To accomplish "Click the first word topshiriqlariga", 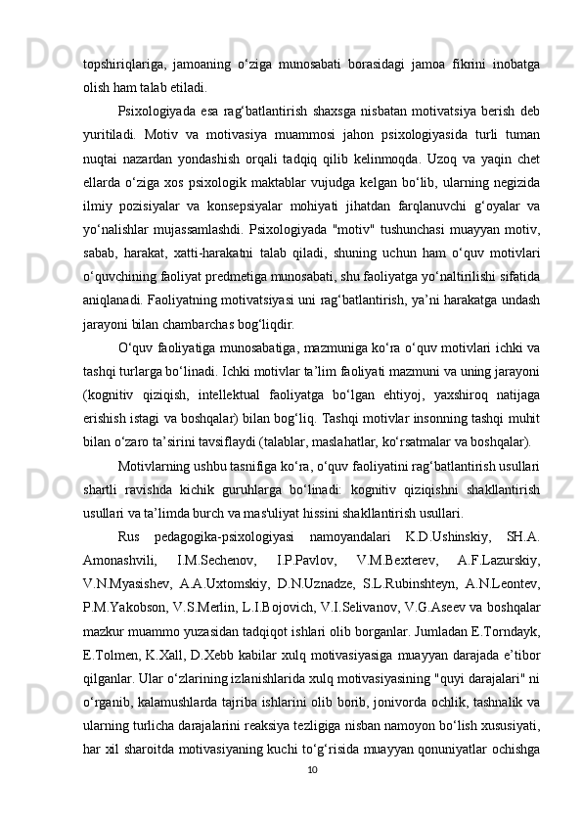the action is [122, 65].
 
